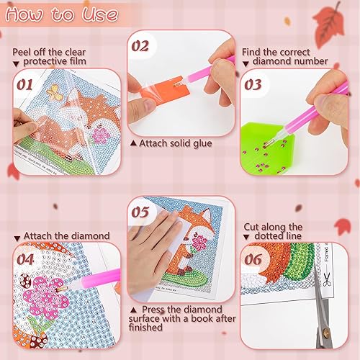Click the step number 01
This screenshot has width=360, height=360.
(24, 85)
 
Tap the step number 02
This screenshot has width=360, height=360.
(140, 46)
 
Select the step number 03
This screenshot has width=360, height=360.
(253, 85)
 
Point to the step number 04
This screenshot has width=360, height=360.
(25, 260)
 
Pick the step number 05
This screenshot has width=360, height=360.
(140, 212)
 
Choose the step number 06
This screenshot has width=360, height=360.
(253, 259)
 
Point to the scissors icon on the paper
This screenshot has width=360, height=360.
(327, 279)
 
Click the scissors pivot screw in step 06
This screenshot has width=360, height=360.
(325, 333)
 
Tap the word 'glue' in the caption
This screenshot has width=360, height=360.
(202, 144)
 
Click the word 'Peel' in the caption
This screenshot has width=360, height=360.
(22, 52)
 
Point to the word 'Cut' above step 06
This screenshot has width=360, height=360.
(251, 227)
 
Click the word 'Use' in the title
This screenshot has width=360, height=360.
(100, 14)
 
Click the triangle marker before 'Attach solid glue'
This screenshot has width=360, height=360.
(133, 143)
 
